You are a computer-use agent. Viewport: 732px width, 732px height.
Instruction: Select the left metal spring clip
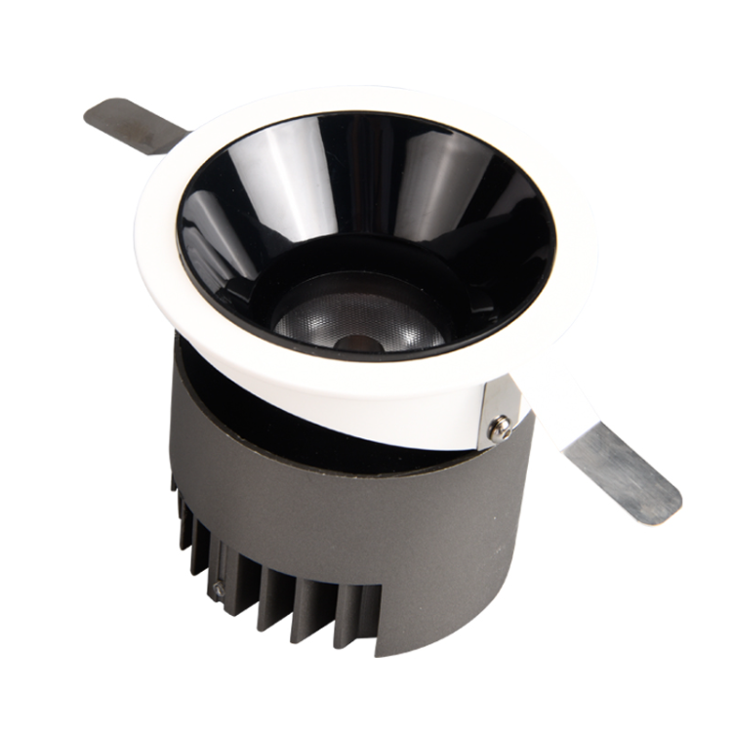pos(132,125)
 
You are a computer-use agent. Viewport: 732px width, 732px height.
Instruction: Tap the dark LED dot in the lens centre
pos(358,342)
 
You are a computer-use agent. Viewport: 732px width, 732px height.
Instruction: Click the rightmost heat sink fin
pos(365,625)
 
